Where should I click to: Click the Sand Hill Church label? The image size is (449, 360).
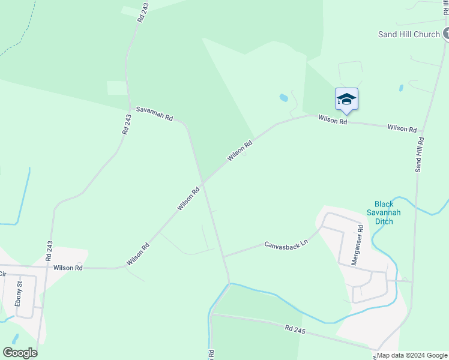[x=409, y=34]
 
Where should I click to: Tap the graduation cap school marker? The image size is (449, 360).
[x=346, y=99]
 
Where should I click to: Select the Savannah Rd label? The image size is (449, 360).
[x=154, y=113]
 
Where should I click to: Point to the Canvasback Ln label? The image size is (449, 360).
[x=286, y=244]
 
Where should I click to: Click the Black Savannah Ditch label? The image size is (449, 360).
[x=384, y=213]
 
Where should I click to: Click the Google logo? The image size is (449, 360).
[x=20, y=353]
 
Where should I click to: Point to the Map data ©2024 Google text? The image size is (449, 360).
[x=412, y=355]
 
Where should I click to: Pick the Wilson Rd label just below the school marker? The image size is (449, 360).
[x=333, y=120]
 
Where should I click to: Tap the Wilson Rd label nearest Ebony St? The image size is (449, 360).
[x=68, y=268]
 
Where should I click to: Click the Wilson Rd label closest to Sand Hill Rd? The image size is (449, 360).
[x=402, y=128]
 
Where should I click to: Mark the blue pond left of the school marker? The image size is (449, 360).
[x=283, y=97]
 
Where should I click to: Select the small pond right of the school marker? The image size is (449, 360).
[x=400, y=88]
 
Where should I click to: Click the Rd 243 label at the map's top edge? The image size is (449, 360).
[x=142, y=13]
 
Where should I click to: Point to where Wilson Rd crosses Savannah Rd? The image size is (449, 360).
[x=202, y=182]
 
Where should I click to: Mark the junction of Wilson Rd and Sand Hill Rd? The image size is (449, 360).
[x=423, y=131]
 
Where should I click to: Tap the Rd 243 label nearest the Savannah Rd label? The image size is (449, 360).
[x=127, y=124]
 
